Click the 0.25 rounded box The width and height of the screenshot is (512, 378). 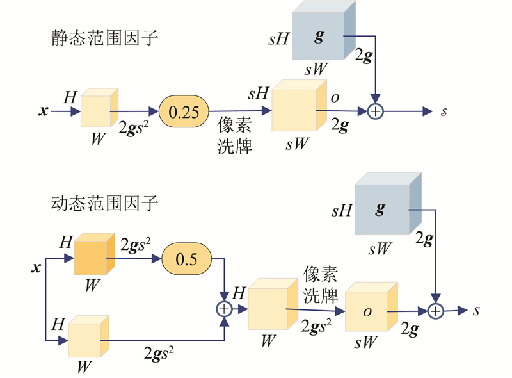point(183,112)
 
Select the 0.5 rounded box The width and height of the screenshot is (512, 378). point(184,258)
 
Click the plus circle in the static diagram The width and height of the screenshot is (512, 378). point(376,111)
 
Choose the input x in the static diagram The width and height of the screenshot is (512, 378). point(44,111)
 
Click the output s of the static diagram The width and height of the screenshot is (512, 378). point(444,112)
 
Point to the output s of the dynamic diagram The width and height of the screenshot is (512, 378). point(476,311)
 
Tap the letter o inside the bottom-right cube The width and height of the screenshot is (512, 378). point(367,311)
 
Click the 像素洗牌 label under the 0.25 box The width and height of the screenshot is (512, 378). point(234,135)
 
